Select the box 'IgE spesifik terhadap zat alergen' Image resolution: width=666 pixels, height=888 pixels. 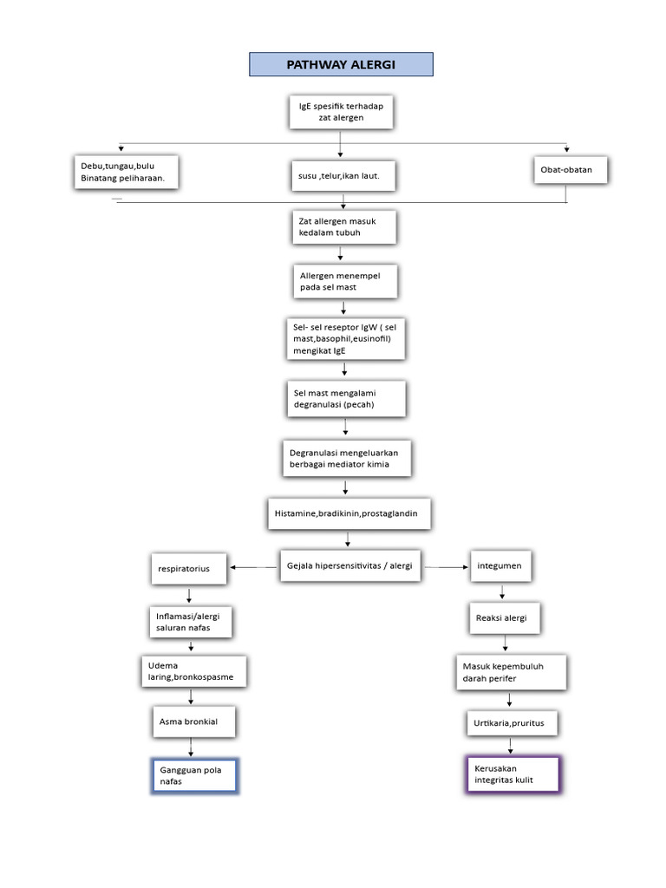point(340,111)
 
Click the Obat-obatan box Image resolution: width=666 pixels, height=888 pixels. point(570,170)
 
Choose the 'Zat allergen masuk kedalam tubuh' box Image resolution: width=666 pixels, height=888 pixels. point(343,227)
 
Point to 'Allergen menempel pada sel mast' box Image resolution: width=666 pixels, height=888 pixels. point(343,281)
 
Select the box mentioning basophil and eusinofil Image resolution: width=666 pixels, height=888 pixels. point(345,339)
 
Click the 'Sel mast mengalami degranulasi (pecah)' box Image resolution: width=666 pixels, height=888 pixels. point(345,399)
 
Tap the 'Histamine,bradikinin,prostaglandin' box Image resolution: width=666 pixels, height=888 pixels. point(348,513)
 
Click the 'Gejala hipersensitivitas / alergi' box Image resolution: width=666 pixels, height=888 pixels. point(350,566)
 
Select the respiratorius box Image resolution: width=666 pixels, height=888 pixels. point(189,569)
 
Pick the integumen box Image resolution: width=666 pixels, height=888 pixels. point(500,566)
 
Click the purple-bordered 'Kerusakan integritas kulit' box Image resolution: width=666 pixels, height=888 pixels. point(512,774)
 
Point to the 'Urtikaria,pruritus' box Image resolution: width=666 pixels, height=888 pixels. point(511,722)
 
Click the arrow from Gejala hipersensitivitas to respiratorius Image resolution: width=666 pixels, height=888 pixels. point(254,567)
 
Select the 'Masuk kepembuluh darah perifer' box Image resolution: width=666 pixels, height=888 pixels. point(511,672)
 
